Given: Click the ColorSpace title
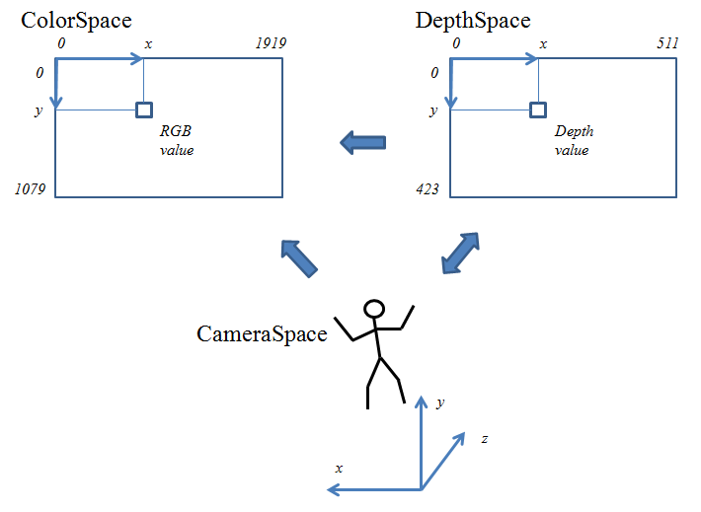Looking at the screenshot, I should click(x=76, y=20).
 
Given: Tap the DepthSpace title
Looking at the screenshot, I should click(x=473, y=20).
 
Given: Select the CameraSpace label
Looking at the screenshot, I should click(x=262, y=333).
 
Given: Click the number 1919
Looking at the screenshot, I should click(x=268, y=44).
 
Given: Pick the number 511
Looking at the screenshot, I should click(x=666, y=44).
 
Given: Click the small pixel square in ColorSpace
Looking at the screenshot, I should click(x=144, y=110).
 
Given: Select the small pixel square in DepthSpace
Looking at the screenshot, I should click(x=538, y=110).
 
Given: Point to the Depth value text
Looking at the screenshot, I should click(x=574, y=140).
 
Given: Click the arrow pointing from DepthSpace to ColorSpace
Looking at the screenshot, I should click(x=362, y=143).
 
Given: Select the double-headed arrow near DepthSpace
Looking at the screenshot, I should click(x=459, y=254).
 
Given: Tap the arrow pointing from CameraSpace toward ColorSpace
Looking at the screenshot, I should click(x=299, y=257).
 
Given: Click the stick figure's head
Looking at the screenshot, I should click(x=374, y=309).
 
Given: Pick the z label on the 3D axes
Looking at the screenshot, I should click(x=484, y=437).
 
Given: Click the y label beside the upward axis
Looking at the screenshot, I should click(x=439, y=402).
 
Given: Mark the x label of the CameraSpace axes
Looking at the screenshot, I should click(x=339, y=468).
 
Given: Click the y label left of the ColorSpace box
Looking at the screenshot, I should click(x=39, y=110).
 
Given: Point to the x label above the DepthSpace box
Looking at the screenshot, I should click(x=543, y=44).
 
